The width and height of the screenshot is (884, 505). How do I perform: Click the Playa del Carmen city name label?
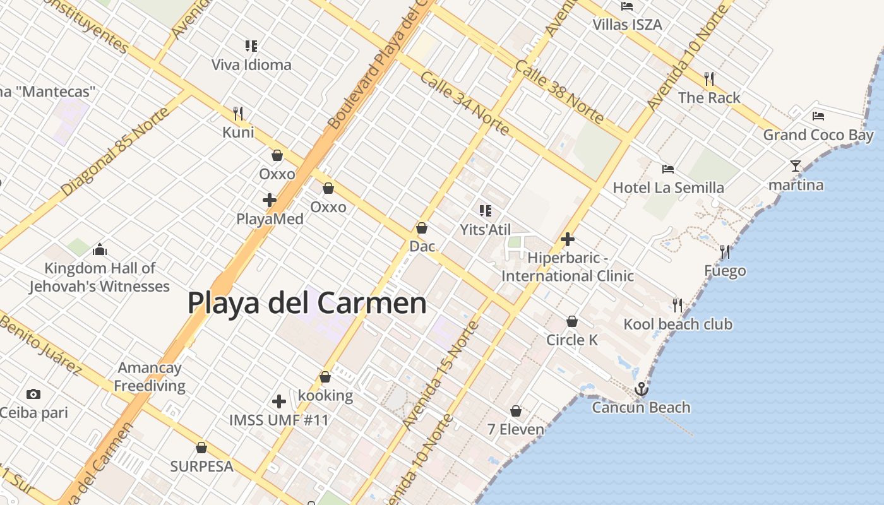307,303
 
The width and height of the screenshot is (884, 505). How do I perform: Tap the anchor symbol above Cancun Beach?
642,389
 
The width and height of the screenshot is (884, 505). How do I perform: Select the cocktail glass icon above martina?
796,166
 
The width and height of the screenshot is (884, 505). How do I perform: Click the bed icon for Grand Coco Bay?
818,116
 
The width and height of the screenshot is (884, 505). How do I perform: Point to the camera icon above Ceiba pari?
33,395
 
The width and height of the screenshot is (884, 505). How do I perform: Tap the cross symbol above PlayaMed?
270,201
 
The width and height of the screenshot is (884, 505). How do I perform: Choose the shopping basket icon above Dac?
422,228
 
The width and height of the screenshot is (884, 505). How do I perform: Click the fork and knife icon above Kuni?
238,114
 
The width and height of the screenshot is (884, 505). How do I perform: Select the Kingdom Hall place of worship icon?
100,250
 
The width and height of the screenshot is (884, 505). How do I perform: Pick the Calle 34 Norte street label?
464,104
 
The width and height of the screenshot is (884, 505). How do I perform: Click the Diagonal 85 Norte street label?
116,151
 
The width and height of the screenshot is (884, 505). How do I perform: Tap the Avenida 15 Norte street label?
441,375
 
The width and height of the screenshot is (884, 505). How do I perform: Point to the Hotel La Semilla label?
668,187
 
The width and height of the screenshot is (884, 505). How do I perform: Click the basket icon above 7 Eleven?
516,412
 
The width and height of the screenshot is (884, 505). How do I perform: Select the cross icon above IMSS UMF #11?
279,401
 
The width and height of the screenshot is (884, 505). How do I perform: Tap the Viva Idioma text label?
251,64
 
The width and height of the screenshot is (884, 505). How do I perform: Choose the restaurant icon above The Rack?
709,79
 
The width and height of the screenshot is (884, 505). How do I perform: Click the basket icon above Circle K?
572,321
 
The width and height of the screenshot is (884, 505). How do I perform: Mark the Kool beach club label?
678,324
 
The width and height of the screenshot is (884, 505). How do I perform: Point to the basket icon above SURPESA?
201,448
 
